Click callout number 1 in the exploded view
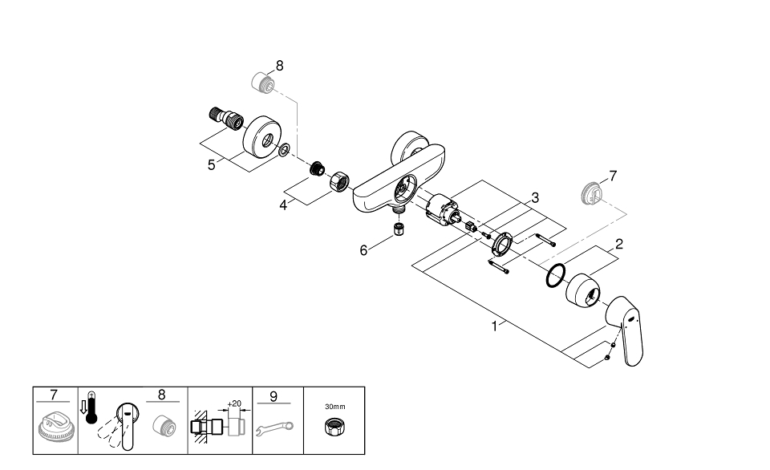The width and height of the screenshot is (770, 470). click(x=496, y=326)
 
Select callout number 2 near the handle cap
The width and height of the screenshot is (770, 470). click(x=619, y=245)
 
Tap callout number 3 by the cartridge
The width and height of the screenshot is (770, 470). click(x=534, y=197)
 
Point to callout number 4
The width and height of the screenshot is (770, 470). click(x=283, y=205)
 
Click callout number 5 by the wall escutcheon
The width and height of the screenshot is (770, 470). click(x=211, y=164)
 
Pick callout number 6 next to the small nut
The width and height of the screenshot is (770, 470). click(x=363, y=250)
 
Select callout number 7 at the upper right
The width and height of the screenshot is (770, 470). click(x=613, y=176)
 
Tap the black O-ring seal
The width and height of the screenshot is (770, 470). click(x=554, y=278)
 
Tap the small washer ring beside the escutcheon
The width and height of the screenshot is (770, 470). click(x=285, y=149)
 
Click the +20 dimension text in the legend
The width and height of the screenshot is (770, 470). click(x=235, y=404)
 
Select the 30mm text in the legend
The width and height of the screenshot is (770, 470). click(x=334, y=407)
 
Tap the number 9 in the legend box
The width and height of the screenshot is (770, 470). click(x=274, y=395)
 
